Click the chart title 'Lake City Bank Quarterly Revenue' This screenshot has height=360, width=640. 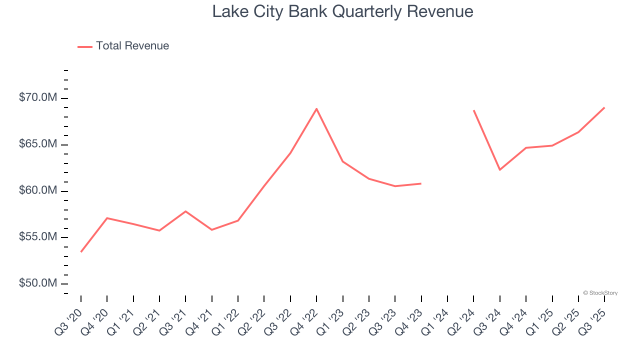click(x=342, y=11)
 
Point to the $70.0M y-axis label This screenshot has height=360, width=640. click(x=38, y=97)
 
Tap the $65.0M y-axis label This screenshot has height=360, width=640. click(x=38, y=144)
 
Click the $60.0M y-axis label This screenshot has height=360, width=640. click(x=38, y=190)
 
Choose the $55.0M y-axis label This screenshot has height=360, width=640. click(x=38, y=237)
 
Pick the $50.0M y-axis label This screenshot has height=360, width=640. click(x=38, y=283)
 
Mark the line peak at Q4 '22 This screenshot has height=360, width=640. click(x=316, y=108)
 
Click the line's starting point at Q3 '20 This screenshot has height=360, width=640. click(x=81, y=251)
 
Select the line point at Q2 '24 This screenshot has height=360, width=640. click(x=473, y=110)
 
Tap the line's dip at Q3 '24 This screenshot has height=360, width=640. click(x=499, y=169)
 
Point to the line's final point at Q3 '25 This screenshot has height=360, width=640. click(x=604, y=107)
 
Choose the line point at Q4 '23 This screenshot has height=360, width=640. click(x=421, y=183)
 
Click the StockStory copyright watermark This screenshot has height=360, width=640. click(x=600, y=293)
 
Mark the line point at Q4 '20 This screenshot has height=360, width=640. click(x=107, y=218)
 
